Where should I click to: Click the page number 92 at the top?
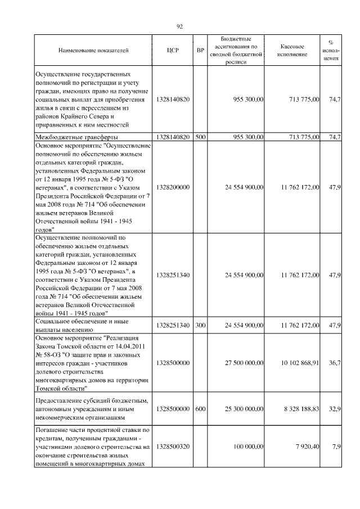point(180,26)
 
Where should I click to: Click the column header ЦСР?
point(173,51)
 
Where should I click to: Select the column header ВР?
point(200,51)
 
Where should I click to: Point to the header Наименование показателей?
point(93,51)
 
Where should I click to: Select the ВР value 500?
point(200,137)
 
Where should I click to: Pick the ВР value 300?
point(200,325)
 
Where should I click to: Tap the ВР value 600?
point(200,409)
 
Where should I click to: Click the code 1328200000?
point(173,187)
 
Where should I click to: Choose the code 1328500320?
point(173,447)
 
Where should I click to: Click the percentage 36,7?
point(335,363)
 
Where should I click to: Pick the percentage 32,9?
point(335,409)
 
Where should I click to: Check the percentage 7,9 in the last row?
point(336,447)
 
